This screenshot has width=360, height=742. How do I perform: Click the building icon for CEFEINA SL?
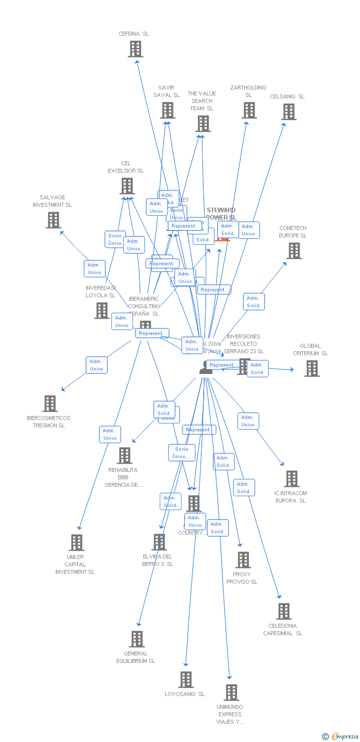pos(135,49)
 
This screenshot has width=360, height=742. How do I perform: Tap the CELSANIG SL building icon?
pos(289,112)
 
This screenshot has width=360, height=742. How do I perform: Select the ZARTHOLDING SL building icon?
pos(249,110)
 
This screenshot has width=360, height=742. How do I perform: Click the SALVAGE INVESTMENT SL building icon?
pos(53,220)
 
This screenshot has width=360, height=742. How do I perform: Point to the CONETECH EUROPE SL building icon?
pos(294,251)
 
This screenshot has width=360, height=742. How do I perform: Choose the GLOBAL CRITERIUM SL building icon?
pos(312,369)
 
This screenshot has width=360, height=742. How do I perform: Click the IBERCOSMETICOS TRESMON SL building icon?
pos(50,404)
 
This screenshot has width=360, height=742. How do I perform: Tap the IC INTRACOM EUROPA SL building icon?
pos(292,479)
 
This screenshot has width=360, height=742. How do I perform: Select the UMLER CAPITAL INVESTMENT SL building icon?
pos(76,543)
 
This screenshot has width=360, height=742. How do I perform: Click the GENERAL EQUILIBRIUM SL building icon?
pos(137,639)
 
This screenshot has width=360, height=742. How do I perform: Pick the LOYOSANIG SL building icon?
pos(186,680)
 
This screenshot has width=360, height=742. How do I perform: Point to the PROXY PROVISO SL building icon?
pos(243,560)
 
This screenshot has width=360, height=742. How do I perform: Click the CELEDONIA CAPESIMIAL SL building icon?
pos(284,611)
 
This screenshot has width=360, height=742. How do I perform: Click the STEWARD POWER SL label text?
pos(221,214)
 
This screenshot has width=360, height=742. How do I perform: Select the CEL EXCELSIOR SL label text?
pos(126,167)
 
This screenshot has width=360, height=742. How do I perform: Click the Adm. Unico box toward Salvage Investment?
pos(94,269)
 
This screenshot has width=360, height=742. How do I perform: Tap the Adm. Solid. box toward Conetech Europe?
pos(254,302)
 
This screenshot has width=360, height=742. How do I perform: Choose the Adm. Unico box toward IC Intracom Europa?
pos(248,421)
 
